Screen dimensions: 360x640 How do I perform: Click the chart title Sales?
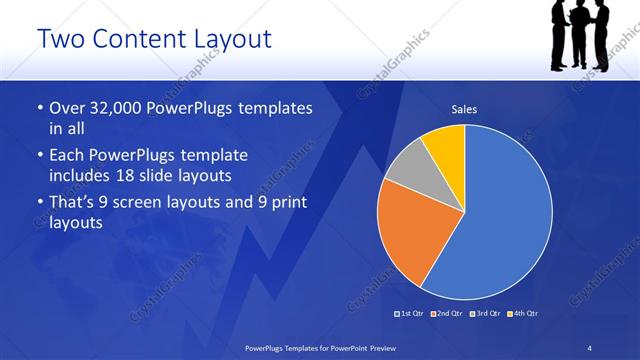[x=464, y=108]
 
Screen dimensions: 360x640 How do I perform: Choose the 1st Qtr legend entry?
[x=412, y=314]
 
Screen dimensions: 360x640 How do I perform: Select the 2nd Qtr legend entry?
[x=448, y=314]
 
